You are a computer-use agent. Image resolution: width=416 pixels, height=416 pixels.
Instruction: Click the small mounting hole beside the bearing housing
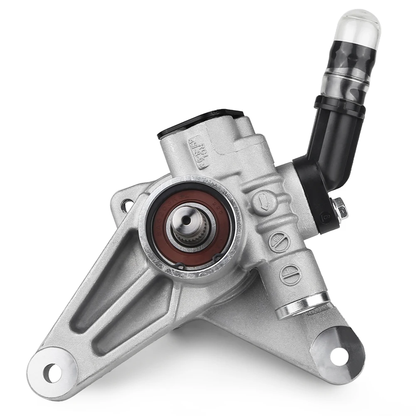click(127, 205)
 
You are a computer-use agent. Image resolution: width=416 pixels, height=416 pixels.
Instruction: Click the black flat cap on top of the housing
click(199, 123)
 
